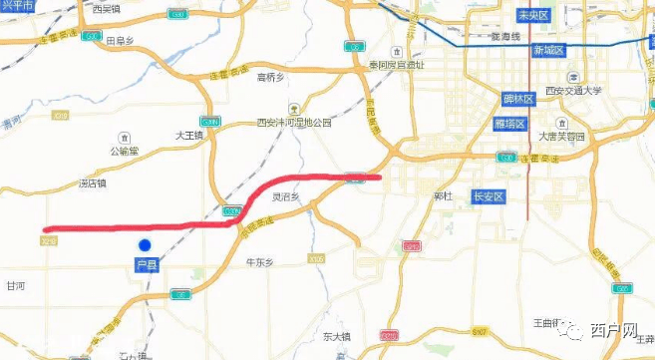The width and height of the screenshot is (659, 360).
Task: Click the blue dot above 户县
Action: (145, 245)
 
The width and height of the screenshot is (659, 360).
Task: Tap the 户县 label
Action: (146, 266)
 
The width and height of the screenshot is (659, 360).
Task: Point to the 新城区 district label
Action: (548, 50)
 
